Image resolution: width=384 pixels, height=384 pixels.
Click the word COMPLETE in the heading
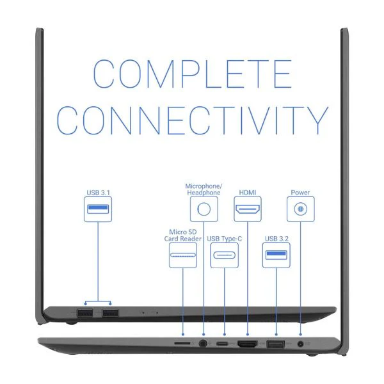(x=193, y=74)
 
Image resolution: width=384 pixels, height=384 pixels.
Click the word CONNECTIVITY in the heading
(x=193, y=120)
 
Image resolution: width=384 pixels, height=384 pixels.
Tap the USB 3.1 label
(x=98, y=193)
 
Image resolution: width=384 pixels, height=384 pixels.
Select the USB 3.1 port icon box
(x=98, y=209)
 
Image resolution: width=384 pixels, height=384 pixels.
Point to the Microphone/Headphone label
(x=204, y=189)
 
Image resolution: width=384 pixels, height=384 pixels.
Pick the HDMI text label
(x=247, y=193)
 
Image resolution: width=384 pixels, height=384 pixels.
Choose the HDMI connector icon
(x=248, y=209)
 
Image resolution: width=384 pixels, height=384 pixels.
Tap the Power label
(x=300, y=193)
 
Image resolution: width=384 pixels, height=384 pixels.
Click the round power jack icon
(x=301, y=209)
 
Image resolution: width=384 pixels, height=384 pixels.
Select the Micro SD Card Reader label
(x=182, y=235)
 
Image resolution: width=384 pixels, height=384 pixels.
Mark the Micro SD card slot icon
(x=183, y=255)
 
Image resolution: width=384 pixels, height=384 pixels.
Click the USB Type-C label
(x=225, y=239)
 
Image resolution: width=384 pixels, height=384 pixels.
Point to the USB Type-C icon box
(x=225, y=255)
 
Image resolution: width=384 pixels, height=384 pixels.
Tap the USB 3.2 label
(x=276, y=239)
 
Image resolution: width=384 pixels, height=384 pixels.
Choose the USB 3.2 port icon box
(x=276, y=255)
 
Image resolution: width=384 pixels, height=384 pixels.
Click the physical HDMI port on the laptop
(x=247, y=344)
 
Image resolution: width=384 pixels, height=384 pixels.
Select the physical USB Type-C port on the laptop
(x=222, y=344)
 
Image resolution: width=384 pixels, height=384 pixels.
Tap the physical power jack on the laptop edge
(x=300, y=344)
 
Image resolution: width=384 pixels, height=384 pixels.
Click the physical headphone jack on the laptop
(x=202, y=343)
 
